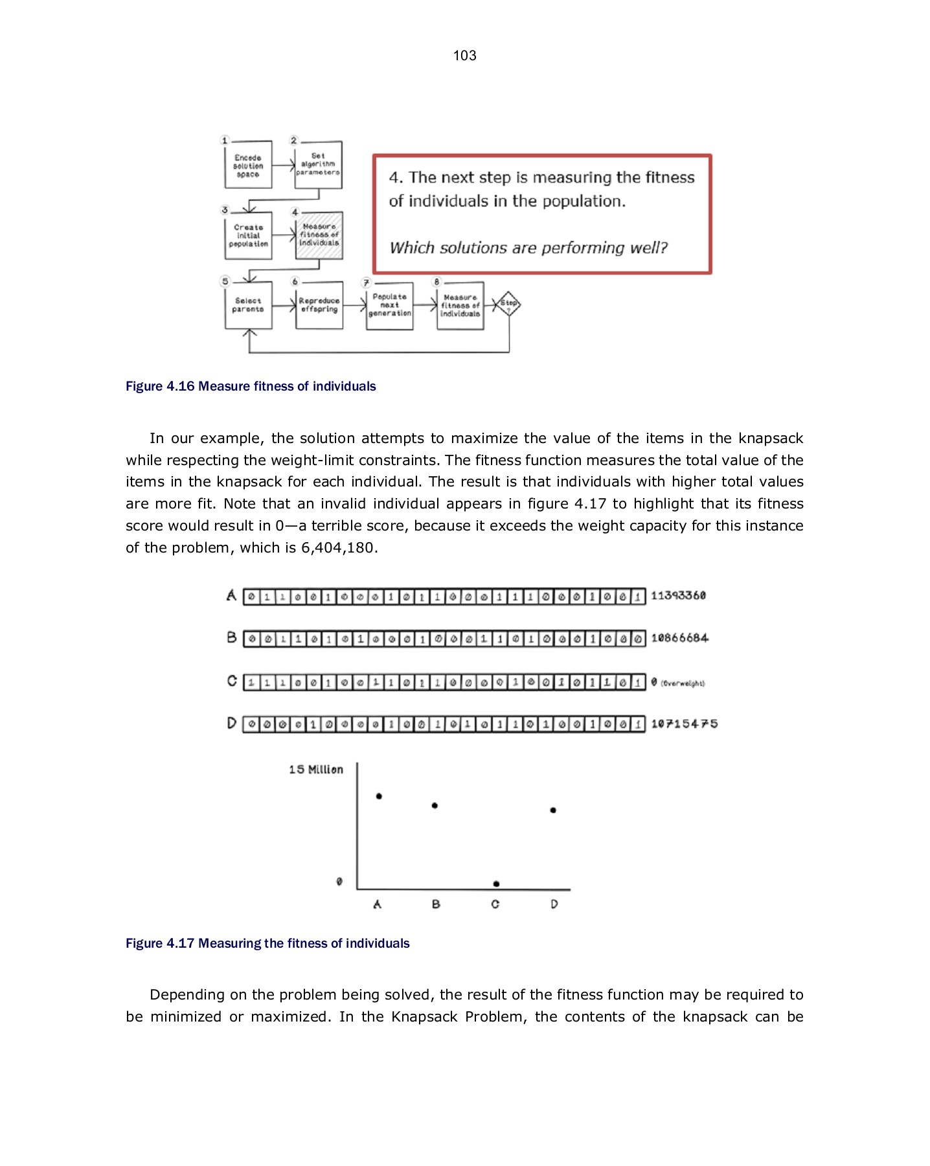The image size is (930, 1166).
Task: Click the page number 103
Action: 464,56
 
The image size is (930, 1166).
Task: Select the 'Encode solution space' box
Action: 248,166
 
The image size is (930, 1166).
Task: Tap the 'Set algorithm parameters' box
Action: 318,165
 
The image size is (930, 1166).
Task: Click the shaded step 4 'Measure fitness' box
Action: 319,235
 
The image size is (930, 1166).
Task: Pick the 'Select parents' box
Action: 248,305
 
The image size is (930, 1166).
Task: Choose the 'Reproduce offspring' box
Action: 319,305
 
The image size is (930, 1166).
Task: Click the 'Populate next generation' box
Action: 389,305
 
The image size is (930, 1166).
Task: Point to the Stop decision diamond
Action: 508,304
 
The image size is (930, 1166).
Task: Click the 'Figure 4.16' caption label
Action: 160,387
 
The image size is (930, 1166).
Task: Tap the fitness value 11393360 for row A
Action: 678,595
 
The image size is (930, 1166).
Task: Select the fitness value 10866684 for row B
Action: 679,638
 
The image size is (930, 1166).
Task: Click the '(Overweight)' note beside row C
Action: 683,683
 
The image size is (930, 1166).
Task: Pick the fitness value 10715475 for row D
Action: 684,724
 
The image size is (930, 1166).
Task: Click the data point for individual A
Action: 379,796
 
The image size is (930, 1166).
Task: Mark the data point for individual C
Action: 496,884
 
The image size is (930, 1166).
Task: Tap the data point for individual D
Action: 553,810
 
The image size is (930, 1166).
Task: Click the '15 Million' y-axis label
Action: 316,770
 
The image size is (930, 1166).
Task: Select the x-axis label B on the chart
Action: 436,904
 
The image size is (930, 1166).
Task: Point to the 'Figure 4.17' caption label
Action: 160,944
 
